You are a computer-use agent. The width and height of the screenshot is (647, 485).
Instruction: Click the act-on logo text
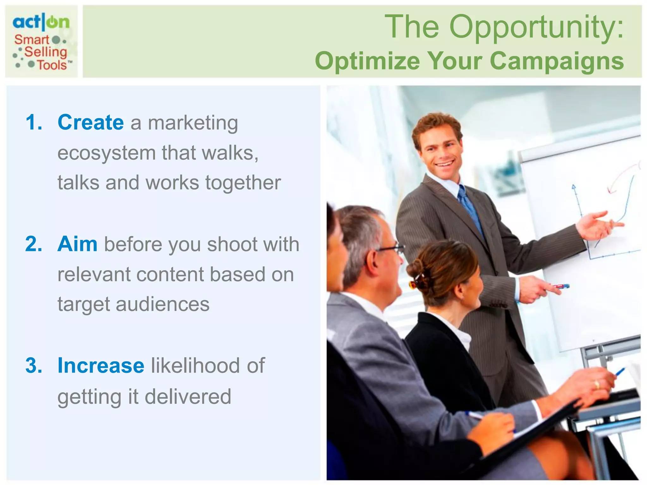pos(41,22)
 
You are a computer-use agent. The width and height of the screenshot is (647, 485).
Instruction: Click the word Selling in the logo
pos(46,52)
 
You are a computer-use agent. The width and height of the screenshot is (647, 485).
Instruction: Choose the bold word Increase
pos(101,366)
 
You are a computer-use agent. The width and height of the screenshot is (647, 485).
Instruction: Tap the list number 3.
pos(33,366)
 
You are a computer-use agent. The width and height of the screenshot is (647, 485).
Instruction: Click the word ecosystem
pos(106,153)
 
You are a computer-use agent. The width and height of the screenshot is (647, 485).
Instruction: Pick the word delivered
pos(188,397)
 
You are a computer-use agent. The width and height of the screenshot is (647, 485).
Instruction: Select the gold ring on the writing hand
pos(597,385)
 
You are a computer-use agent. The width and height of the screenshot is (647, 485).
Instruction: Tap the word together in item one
pos(243,183)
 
